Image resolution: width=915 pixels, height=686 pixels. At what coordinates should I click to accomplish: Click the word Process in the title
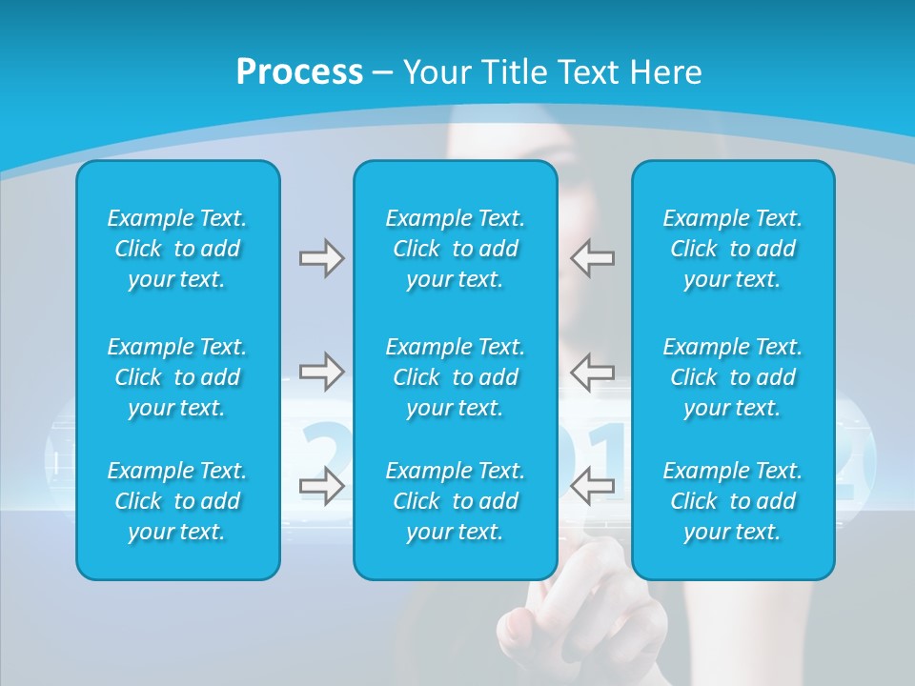299,72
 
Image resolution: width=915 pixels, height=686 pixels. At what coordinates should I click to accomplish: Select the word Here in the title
665,72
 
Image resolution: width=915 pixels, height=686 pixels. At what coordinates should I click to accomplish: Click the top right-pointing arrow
321,258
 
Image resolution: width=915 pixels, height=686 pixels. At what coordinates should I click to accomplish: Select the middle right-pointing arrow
321,372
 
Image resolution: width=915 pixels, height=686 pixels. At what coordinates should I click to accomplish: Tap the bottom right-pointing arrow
321,486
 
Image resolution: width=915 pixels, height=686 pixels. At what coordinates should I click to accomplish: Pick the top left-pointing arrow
593,258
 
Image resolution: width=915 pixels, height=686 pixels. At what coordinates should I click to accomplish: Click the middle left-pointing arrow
593,372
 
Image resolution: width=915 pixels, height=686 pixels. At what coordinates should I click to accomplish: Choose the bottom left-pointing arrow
593,486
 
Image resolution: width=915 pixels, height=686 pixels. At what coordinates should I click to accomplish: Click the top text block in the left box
177,249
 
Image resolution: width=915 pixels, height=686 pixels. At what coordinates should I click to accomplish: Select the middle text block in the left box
177,377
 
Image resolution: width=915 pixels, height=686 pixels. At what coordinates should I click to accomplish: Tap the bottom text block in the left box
177,501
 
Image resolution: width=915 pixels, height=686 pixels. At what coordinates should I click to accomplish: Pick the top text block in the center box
456,249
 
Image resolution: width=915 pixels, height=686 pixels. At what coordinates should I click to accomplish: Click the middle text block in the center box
456,377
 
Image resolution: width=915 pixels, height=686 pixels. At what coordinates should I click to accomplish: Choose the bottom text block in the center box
456,501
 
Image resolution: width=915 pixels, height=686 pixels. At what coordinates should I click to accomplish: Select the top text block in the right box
733,249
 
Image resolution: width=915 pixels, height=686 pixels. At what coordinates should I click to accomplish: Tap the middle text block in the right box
733,377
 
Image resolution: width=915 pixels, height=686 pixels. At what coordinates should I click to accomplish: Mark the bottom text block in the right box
733,501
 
